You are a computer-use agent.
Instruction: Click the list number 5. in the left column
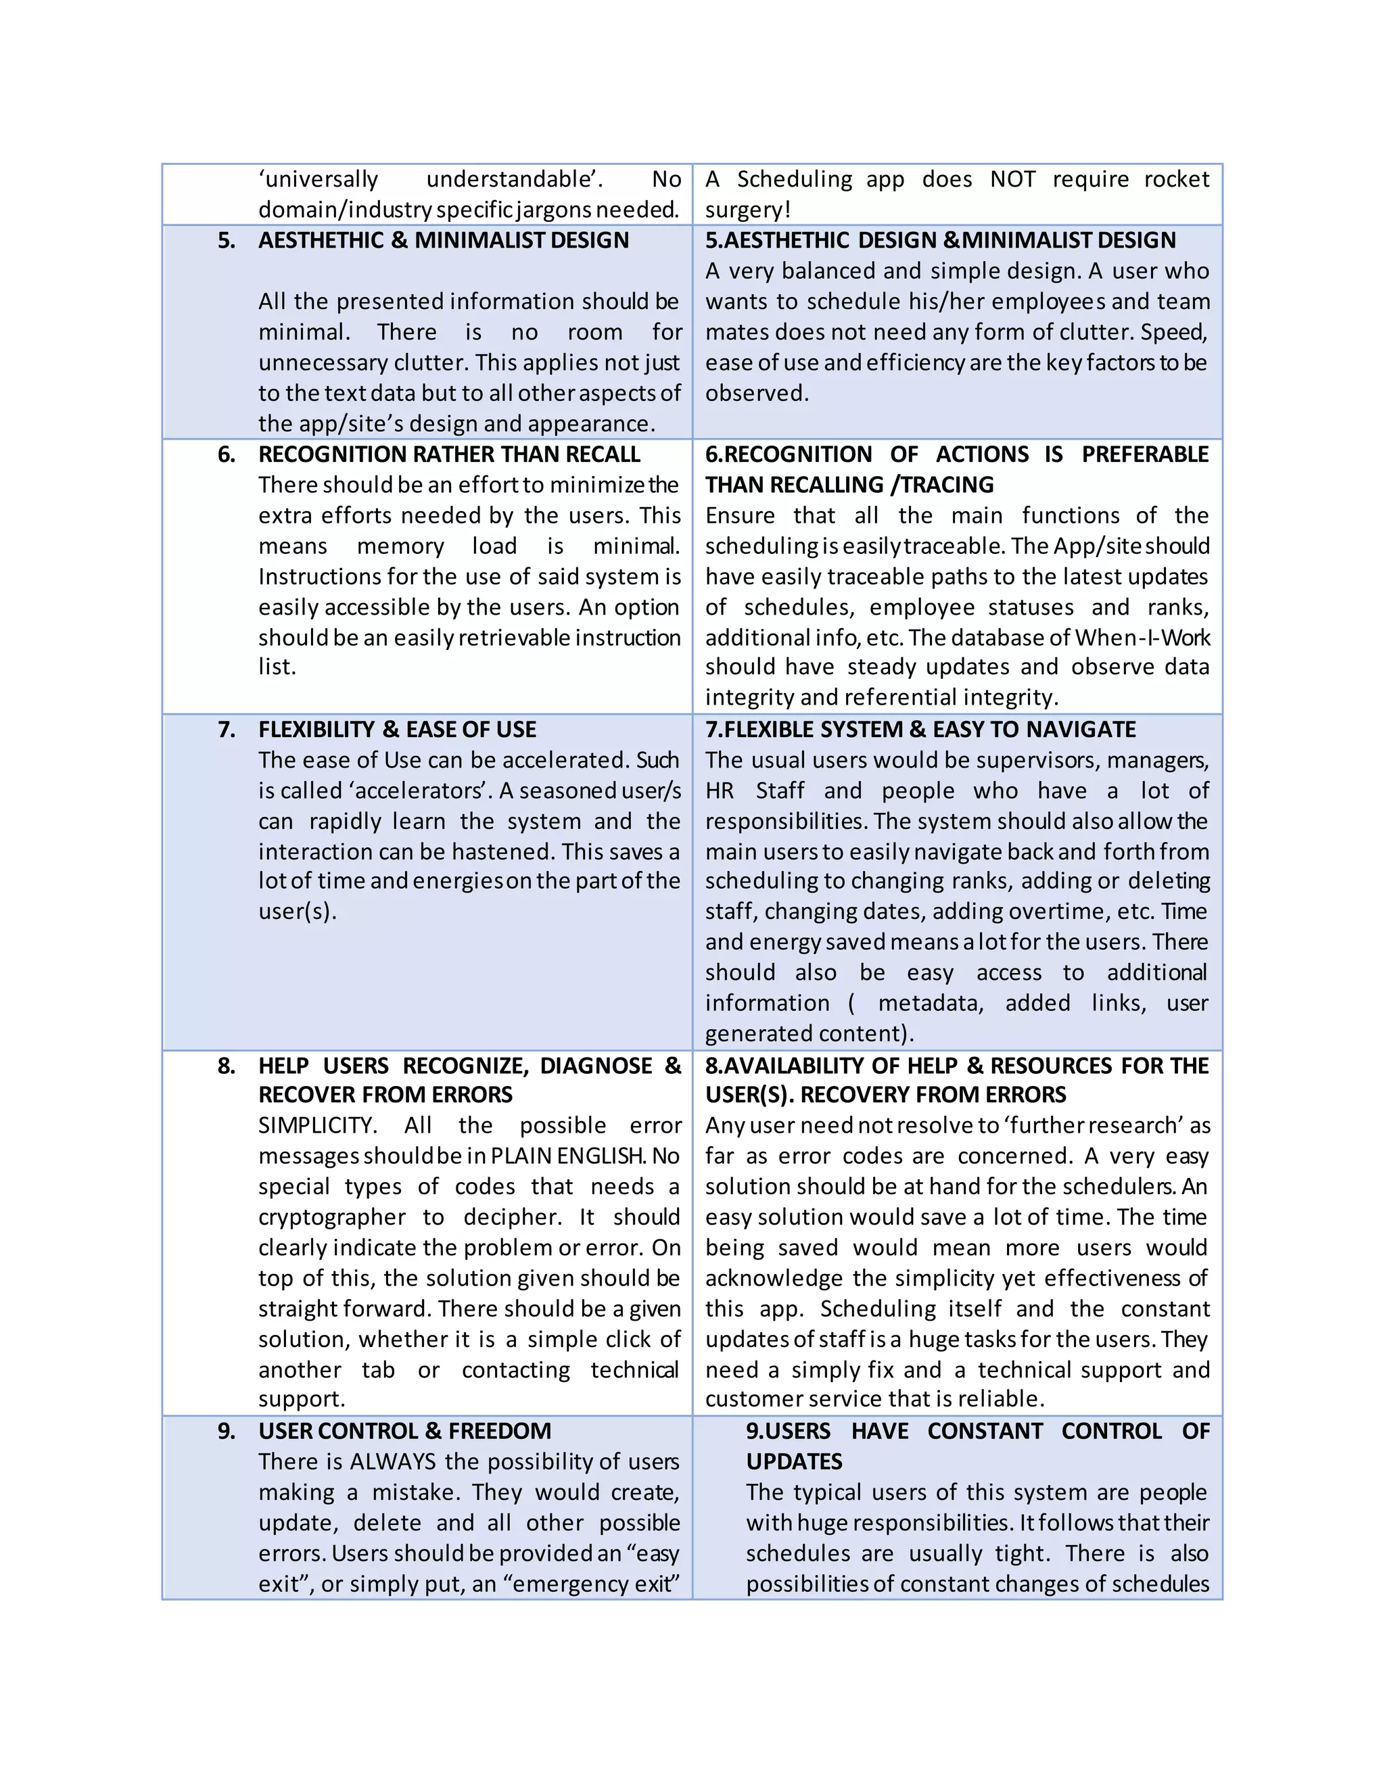(227, 241)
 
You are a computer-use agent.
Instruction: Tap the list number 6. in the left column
(227, 454)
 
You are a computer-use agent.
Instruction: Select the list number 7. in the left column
(227, 730)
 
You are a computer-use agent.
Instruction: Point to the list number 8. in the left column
(227, 1066)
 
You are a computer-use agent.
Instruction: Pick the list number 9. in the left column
(227, 1431)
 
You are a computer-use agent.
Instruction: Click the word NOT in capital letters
(1012, 180)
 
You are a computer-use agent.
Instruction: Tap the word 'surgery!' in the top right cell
(747, 210)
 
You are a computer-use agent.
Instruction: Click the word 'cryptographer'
(331, 1218)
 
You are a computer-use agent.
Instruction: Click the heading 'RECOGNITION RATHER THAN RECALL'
(449, 454)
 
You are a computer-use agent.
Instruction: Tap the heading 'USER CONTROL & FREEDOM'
(404, 1431)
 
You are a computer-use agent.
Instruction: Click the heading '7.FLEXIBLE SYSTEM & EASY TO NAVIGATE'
(920, 730)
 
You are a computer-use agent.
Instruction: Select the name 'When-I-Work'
(1142, 638)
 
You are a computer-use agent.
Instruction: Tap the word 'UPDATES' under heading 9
(793, 1461)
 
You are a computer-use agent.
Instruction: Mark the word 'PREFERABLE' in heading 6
(1145, 454)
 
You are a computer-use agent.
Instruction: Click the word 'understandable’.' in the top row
(515, 180)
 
